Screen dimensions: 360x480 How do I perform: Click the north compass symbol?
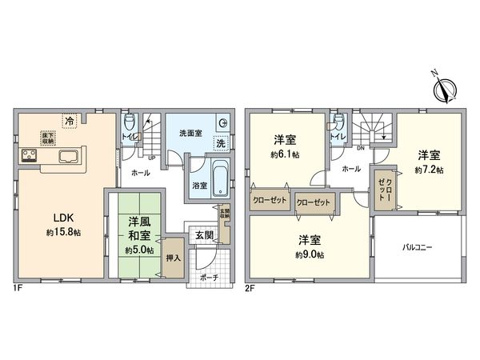[442, 86]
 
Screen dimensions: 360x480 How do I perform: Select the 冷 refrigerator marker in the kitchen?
[70, 121]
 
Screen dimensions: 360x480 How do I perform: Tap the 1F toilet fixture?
[133, 124]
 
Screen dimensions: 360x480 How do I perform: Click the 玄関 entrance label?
[202, 235]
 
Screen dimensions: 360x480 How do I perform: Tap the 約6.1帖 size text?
[286, 154]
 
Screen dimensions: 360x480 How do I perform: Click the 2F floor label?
[250, 286]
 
